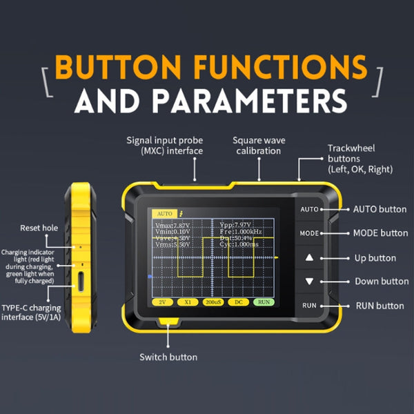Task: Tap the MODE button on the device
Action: [x=309, y=233]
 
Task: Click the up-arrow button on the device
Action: [x=309, y=258]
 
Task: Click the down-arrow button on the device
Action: [x=309, y=282]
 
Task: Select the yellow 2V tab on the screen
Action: [x=163, y=302]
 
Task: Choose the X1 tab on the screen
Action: [x=188, y=302]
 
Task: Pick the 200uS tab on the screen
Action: [x=213, y=302]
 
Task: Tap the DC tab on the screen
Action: [x=237, y=302]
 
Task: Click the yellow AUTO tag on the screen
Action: [x=164, y=214]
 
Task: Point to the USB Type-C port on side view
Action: [x=82, y=282]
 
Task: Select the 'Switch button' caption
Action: [x=168, y=357]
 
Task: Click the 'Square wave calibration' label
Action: [x=259, y=145]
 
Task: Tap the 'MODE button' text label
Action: [x=380, y=233]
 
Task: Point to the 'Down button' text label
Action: [x=382, y=282]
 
